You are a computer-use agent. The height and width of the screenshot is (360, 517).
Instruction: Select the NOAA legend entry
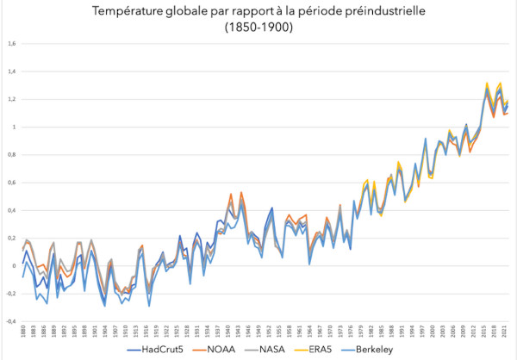(221, 351)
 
